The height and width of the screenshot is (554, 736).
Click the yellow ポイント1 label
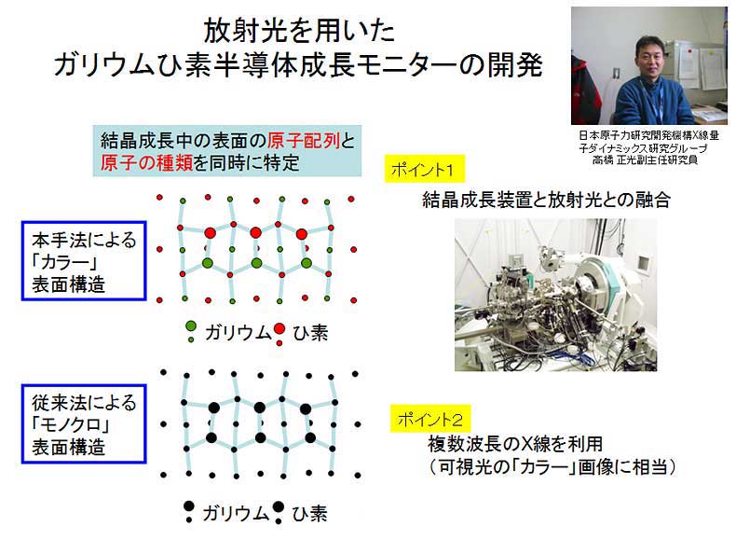424,168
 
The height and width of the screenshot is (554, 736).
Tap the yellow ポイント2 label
430,419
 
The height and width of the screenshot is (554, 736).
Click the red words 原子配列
304,141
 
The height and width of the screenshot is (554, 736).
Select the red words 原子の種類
146,162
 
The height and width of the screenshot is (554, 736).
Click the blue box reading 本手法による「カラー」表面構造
84,261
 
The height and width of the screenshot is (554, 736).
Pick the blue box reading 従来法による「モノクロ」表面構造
84,423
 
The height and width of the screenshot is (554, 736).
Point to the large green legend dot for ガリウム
191,325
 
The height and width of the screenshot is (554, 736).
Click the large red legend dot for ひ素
279,328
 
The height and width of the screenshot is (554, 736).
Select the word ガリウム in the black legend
236,513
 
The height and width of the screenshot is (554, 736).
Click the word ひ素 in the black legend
309,513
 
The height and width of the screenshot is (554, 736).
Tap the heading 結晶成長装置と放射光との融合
546,201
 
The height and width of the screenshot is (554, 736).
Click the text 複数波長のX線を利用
515,443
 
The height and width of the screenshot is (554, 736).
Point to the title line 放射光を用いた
299,31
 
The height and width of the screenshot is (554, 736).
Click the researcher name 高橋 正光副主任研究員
645,159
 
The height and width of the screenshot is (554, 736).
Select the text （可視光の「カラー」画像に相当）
552,466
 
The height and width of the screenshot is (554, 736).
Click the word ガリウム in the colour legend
238,333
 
